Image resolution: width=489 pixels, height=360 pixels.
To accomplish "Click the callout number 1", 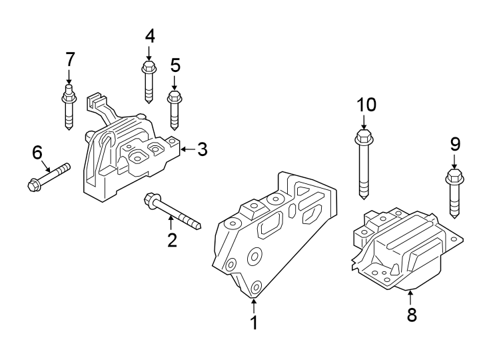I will pyautogui.click(x=254, y=323).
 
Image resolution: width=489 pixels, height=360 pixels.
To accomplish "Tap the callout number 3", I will pyautogui.click(x=203, y=149).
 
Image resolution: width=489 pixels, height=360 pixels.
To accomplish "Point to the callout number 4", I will pyautogui.click(x=150, y=36).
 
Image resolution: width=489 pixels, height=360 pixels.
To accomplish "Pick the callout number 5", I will pyautogui.click(x=175, y=65).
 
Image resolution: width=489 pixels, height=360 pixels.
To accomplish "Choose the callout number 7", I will pyautogui.click(x=70, y=59).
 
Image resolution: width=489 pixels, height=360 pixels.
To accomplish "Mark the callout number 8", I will pyautogui.click(x=411, y=315).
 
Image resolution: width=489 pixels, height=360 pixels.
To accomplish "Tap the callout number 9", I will pyautogui.click(x=454, y=143).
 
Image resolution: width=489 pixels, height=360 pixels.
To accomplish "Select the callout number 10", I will pyautogui.click(x=366, y=105).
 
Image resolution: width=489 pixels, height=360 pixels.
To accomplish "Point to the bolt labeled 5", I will pyautogui.click(x=175, y=109).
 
